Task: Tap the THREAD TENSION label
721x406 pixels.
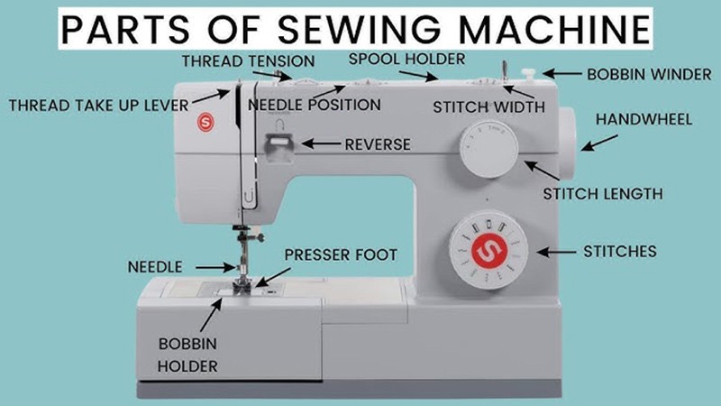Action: [249, 60]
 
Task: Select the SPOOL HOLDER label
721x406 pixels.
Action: [407, 59]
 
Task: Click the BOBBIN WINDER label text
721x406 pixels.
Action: [649, 74]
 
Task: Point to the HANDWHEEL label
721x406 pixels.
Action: [643, 120]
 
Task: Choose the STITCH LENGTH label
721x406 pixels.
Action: [603, 194]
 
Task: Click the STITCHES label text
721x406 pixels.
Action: [620, 252]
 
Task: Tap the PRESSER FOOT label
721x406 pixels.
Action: [341, 255]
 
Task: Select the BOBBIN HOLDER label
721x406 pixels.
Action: [187, 355]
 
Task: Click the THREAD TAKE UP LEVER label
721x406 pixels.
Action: [99, 106]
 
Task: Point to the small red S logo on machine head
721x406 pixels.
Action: [205, 123]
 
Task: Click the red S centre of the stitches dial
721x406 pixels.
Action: [488, 251]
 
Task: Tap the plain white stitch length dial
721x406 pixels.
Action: [488, 149]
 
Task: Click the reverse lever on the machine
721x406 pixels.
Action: [278, 148]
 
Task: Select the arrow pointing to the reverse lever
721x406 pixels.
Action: [322, 144]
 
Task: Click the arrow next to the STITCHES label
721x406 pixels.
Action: [556, 253]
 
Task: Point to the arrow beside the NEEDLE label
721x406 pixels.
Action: [216, 267]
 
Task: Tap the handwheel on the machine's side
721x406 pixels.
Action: [569, 143]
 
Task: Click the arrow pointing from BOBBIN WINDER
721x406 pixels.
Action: [561, 73]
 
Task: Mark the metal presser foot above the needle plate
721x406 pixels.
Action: [242, 286]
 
